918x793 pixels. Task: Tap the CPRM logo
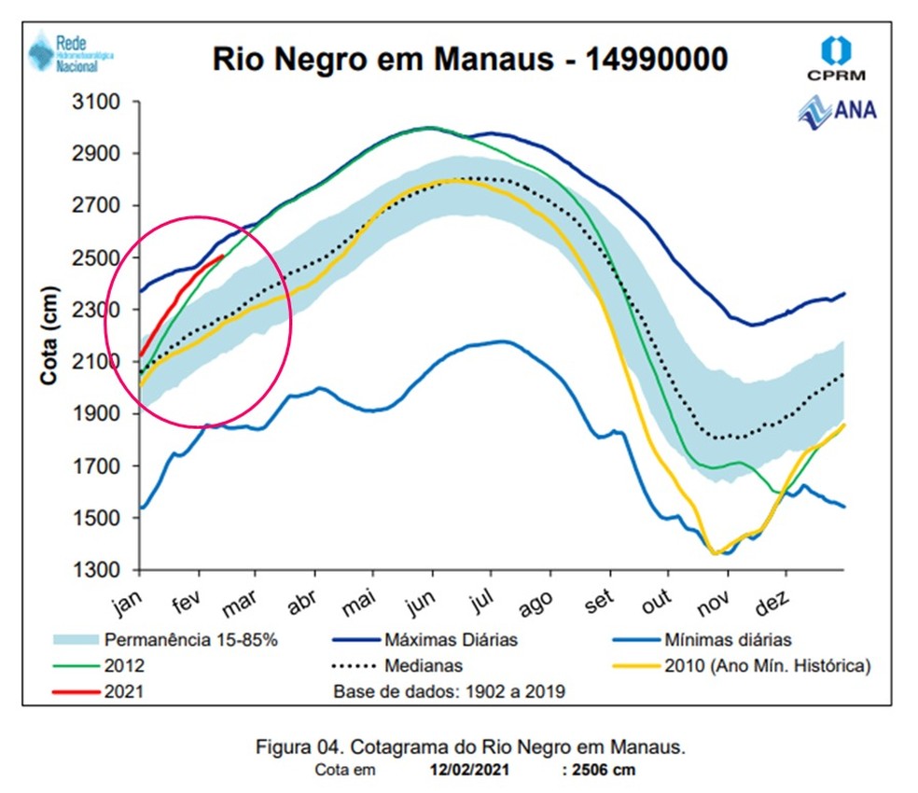[836, 58]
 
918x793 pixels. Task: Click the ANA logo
[837, 111]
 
